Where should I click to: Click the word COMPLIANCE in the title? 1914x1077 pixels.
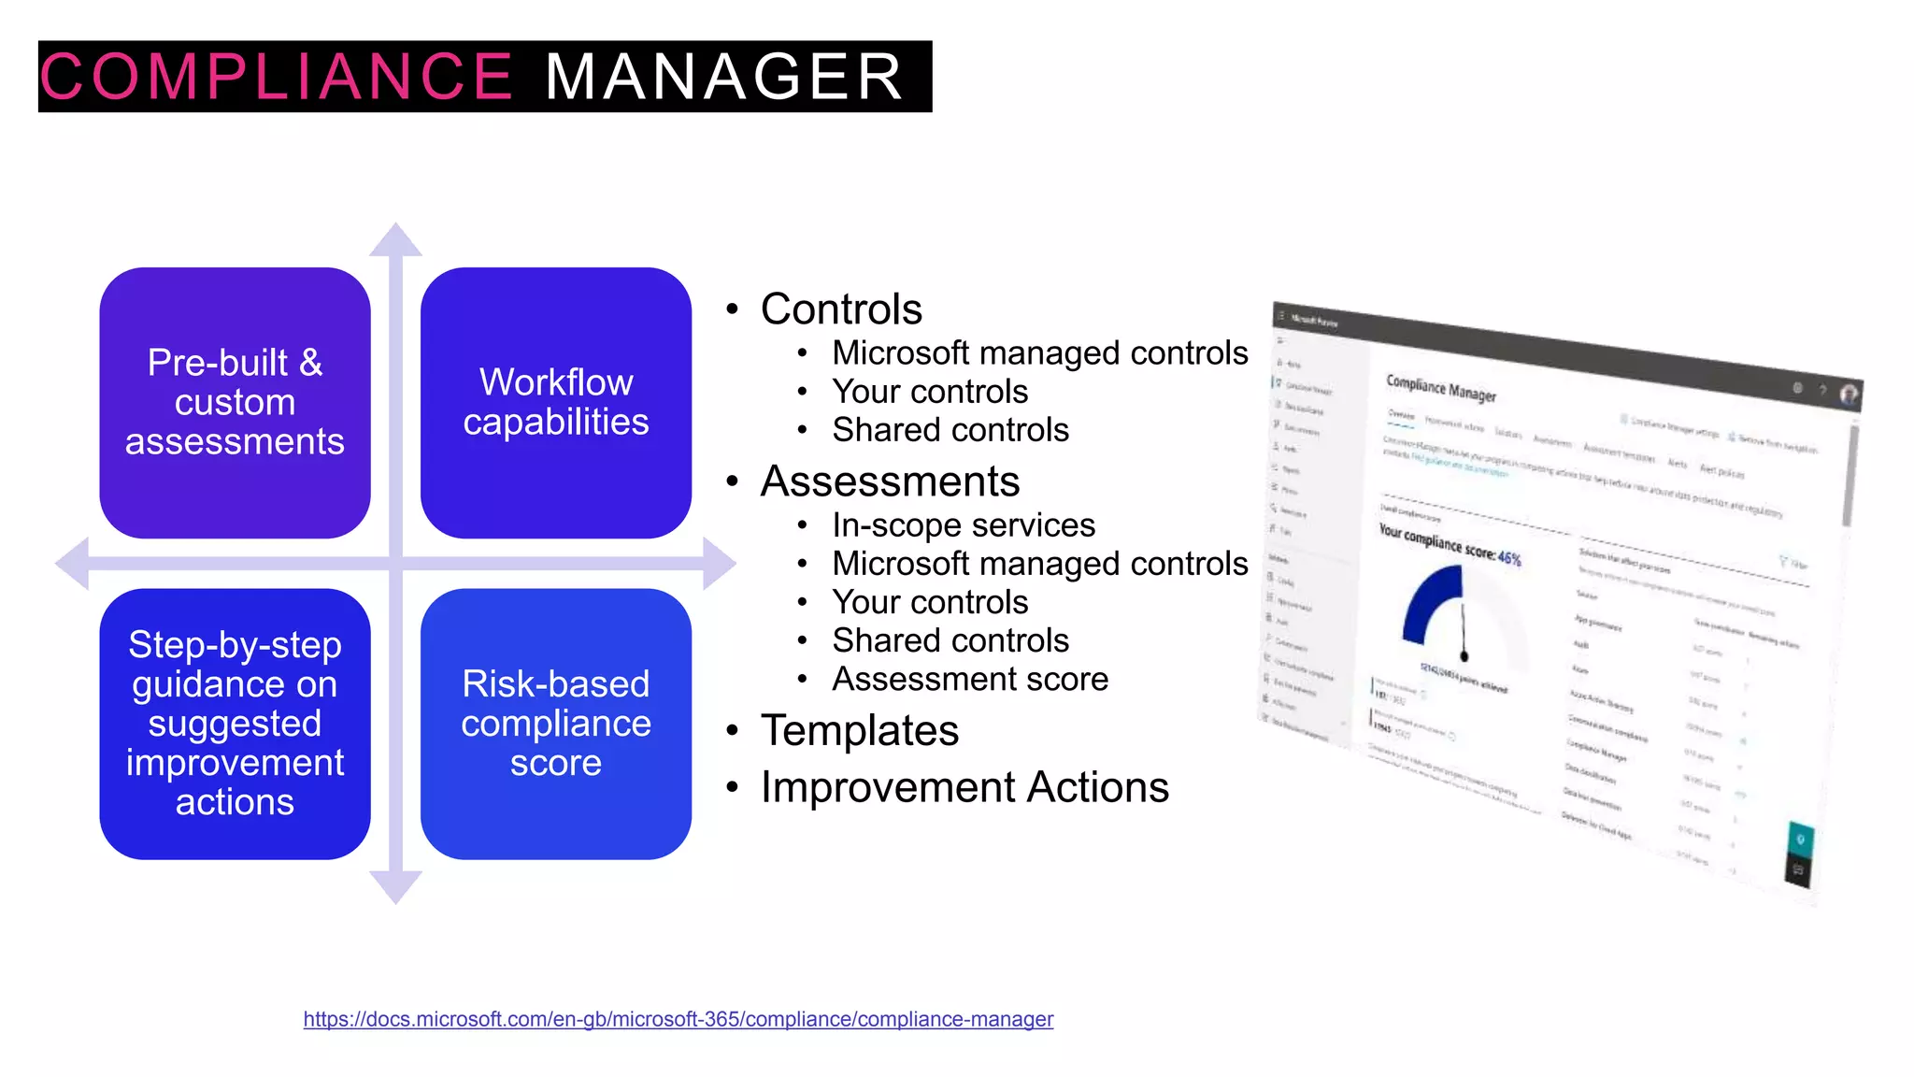tap(276, 77)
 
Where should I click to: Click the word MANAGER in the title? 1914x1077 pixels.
tap(724, 77)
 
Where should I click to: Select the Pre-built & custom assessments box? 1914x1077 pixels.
tap(235, 403)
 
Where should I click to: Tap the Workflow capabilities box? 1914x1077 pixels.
tap(556, 403)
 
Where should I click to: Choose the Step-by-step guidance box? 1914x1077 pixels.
tap(235, 724)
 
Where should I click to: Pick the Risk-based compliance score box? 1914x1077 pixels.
tap(556, 724)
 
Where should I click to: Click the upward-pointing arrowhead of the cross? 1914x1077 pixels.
tap(395, 240)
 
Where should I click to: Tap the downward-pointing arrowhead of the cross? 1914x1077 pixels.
tap(395, 886)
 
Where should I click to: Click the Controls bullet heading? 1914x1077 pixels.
tap(841, 309)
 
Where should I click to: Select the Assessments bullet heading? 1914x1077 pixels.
tap(890, 481)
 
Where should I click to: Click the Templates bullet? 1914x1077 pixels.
tap(860, 730)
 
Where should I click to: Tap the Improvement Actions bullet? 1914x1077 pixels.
tap(964, 787)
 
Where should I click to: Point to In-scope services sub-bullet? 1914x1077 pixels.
tap(964, 525)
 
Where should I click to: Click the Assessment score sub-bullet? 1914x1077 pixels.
tap(970, 679)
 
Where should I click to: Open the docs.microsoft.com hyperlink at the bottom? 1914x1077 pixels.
tap(678, 1019)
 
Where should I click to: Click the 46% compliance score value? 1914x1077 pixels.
tap(1509, 558)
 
